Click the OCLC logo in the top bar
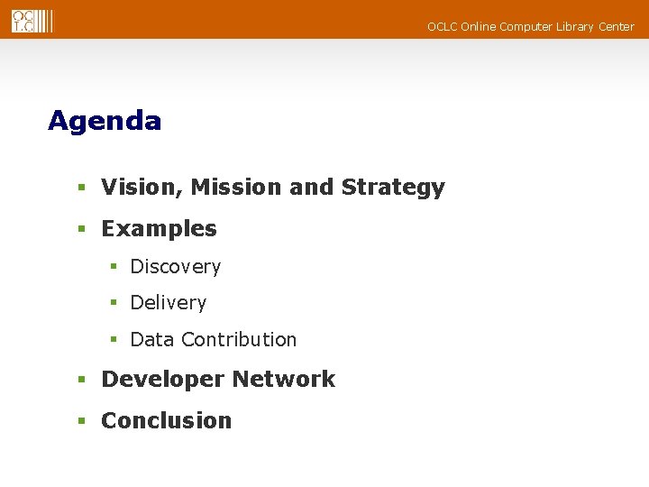[x=32, y=21]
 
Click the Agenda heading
[x=105, y=121]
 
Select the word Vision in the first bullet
[x=132, y=188]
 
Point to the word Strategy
[x=393, y=188]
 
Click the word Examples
[x=159, y=229]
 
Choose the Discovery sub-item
[x=175, y=267]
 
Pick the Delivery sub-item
[x=168, y=303]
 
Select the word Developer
[x=157, y=380]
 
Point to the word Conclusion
[x=166, y=421]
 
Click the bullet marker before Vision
[x=81, y=188]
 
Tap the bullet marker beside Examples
[x=81, y=230]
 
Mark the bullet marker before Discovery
[x=114, y=268]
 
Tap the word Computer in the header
[x=526, y=27]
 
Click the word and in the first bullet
[x=312, y=188]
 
